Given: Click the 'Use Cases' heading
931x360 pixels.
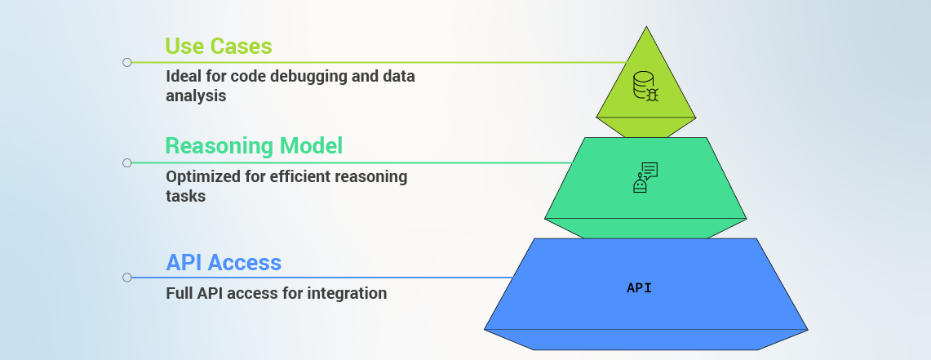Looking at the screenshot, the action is click(x=219, y=47).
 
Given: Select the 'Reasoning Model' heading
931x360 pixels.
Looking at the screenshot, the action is click(x=254, y=145).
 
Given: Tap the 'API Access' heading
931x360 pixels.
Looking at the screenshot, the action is click(x=224, y=263).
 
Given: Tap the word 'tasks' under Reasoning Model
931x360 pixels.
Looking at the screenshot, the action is click(x=186, y=196).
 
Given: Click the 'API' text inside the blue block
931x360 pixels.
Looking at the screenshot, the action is click(x=640, y=288).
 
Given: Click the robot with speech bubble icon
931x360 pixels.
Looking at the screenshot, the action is click(x=645, y=178).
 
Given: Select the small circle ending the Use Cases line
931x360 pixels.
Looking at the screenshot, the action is click(x=127, y=62).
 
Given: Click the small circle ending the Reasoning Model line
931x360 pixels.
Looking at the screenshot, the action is click(x=127, y=162).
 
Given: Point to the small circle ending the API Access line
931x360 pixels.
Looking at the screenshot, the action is click(x=127, y=278).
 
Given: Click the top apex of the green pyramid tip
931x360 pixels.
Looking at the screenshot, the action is click(x=646, y=27).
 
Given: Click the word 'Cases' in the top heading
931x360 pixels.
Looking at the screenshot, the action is click(x=245, y=47).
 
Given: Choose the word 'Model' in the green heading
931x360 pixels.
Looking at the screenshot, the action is click(x=312, y=145).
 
